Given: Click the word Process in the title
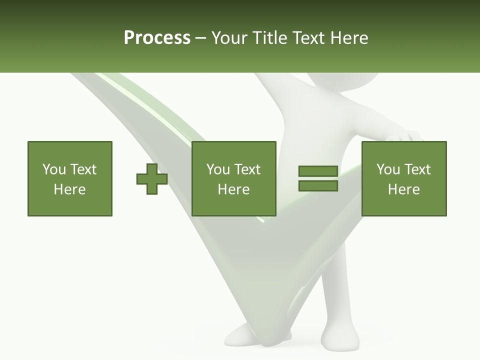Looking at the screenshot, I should pyautogui.click(x=157, y=38).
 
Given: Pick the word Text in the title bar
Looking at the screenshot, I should pyautogui.click(x=308, y=38).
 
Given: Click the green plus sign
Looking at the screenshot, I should pyautogui.click(x=152, y=179).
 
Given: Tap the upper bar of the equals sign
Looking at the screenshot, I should pyautogui.click(x=318, y=171).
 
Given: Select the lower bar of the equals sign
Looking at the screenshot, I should pyautogui.click(x=318, y=185).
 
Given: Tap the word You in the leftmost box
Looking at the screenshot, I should pyautogui.click(x=53, y=169).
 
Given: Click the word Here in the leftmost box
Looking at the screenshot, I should pyautogui.click(x=70, y=189).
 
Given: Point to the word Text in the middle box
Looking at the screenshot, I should pyautogui.click(x=246, y=169).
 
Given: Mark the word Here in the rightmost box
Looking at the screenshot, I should pyautogui.click(x=404, y=189).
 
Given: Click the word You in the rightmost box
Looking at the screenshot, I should pyautogui.click(x=388, y=169).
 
